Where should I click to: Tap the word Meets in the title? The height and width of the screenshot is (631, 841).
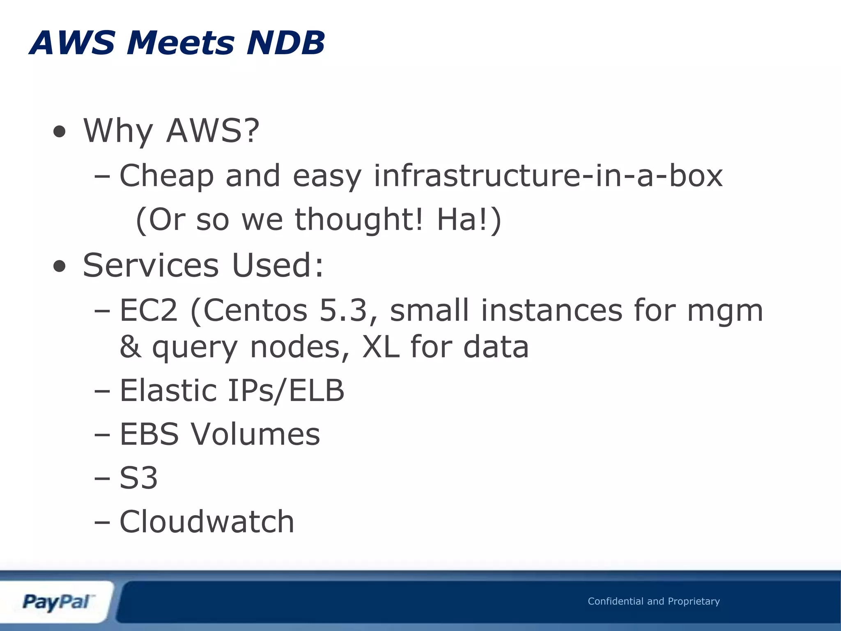coord(181,43)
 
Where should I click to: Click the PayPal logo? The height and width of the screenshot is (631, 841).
coord(57,602)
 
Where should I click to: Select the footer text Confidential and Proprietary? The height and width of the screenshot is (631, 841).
coord(654,601)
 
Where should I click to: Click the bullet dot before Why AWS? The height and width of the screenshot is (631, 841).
coord(60,132)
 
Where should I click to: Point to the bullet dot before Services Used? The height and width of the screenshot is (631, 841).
coord(60,267)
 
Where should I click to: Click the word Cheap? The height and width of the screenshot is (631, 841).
coord(166,176)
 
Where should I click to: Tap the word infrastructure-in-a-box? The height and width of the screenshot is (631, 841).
coord(548,176)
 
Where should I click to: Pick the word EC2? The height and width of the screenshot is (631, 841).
coord(149,310)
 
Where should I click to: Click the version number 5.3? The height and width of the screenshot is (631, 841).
coord(342,310)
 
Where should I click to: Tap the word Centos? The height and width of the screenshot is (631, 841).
coord(255,310)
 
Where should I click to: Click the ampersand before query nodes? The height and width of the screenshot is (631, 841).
coord(130,347)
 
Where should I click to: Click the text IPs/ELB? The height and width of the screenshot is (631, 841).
coord(286,390)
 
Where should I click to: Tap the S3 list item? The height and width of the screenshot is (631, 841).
coord(138,478)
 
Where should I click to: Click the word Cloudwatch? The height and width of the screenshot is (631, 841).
coord(207,522)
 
